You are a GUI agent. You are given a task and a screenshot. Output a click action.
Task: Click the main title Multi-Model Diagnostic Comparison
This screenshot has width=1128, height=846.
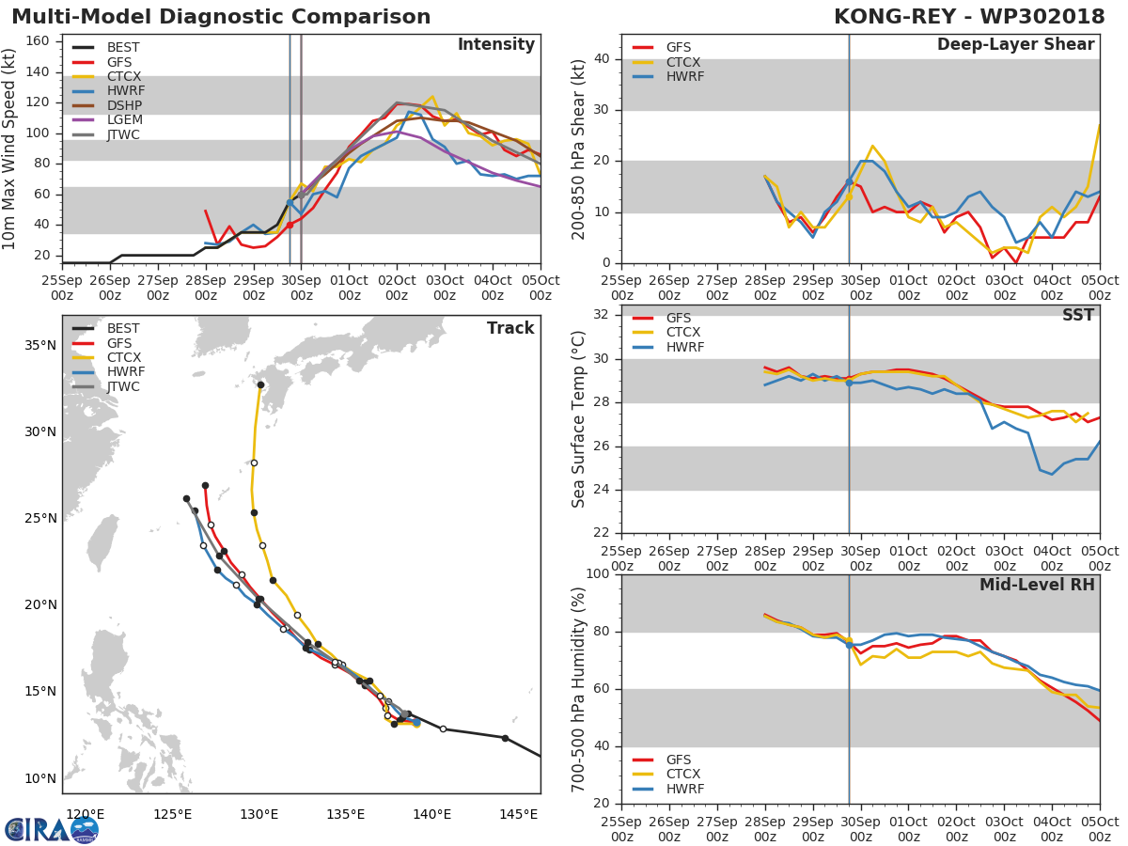[x=221, y=17]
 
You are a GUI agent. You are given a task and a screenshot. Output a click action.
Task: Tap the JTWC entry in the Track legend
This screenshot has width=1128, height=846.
[x=124, y=386]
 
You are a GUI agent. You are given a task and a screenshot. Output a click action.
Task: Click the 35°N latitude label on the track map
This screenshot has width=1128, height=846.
[x=40, y=345]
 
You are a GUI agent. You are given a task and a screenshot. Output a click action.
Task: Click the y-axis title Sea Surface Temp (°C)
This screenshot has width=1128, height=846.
[x=579, y=419]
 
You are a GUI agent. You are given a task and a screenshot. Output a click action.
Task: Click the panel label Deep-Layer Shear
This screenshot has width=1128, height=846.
[x=1015, y=45]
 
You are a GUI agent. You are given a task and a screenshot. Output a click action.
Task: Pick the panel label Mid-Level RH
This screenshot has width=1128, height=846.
[x=1037, y=585]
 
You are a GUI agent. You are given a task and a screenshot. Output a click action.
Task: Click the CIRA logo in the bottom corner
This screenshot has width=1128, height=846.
[x=52, y=829]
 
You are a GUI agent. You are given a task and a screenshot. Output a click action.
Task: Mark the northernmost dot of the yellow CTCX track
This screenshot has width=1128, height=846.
[x=260, y=385]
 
